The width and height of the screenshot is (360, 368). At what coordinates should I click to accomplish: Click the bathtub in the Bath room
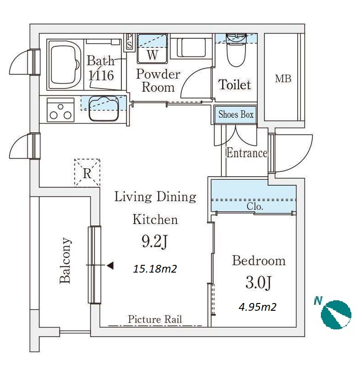[65, 65]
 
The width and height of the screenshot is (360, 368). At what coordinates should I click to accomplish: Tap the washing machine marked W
[152, 49]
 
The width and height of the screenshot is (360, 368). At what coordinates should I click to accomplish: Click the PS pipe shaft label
[129, 41]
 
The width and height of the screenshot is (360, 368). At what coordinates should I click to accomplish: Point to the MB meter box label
[283, 79]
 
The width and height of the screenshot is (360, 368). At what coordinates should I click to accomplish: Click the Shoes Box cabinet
[235, 114]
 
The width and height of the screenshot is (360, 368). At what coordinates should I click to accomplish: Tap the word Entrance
[246, 153]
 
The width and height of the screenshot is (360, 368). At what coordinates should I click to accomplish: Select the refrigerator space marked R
[87, 173]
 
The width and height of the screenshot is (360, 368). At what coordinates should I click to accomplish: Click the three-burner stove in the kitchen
[60, 110]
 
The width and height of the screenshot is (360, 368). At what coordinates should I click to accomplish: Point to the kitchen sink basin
[103, 109]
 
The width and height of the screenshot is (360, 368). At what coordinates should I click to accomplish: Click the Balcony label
[65, 260]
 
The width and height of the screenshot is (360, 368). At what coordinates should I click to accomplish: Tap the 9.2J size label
[155, 242]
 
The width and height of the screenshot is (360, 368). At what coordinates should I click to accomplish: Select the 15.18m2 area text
[155, 269]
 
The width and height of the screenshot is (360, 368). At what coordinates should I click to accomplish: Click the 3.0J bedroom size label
[258, 282]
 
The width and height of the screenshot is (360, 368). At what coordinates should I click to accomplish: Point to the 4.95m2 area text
[257, 307]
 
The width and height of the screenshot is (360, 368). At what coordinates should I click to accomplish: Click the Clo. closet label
[255, 207]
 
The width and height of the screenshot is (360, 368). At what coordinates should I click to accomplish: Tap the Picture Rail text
[155, 319]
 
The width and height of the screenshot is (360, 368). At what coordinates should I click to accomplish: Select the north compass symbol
[336, 314]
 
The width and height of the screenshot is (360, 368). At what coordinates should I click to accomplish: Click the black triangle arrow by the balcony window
[110, 265]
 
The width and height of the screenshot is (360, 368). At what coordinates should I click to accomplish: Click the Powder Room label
[158, 81]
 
